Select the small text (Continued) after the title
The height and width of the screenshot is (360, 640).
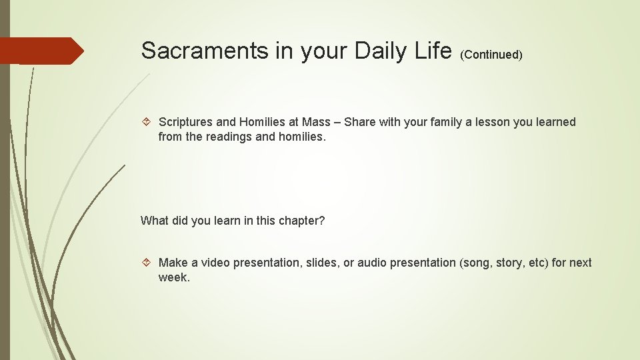(491, 55)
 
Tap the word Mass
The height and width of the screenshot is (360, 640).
(316, 122)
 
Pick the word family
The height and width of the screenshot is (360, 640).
(441, 122)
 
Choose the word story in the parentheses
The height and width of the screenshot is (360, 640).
(511, 263)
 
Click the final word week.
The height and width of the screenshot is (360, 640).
(174, 277)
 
